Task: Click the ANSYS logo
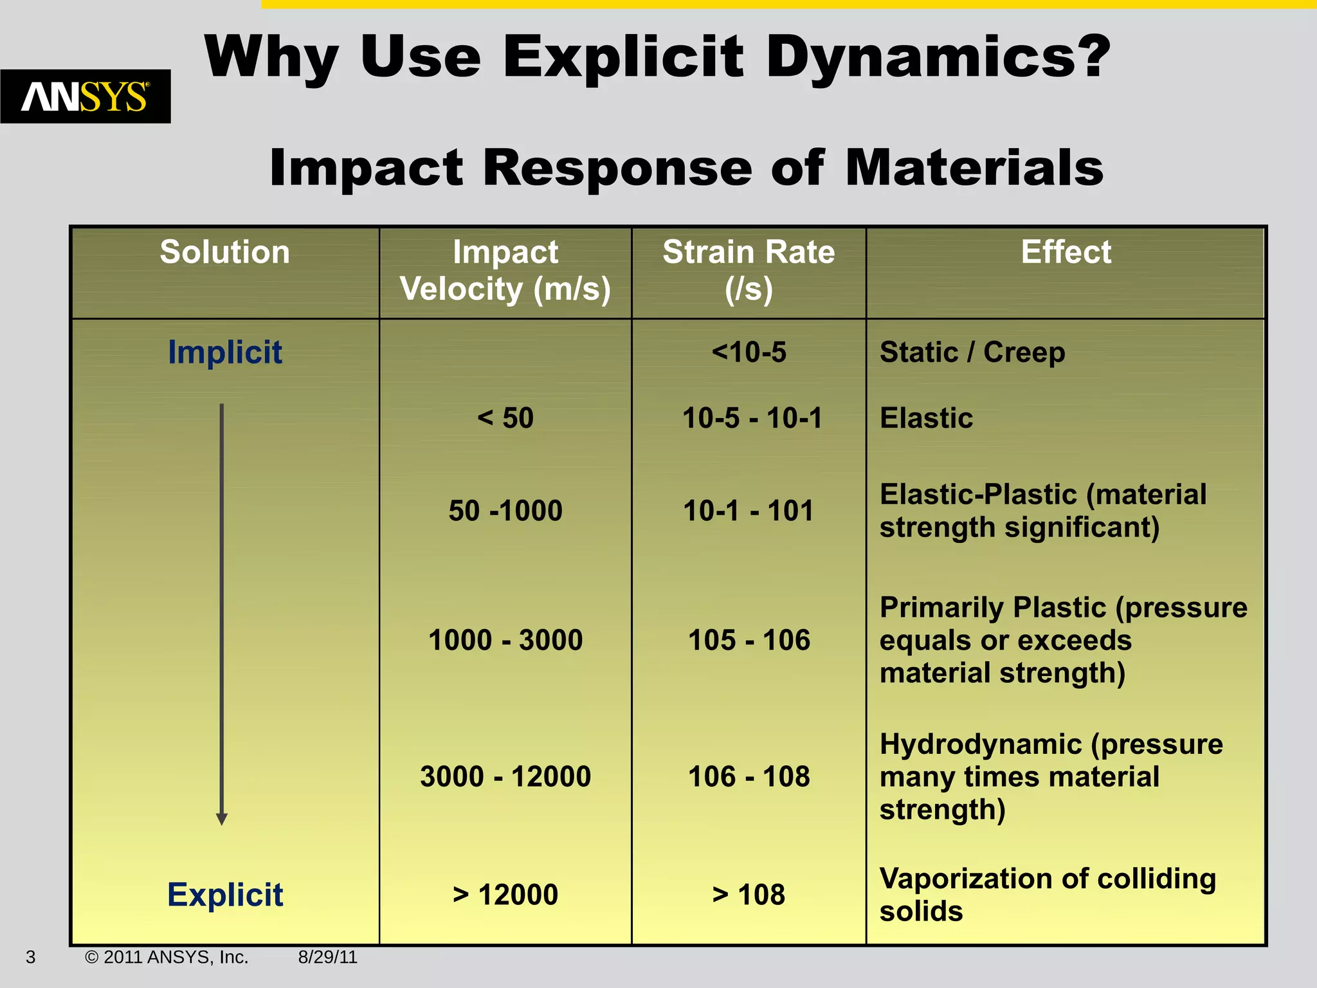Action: pyautogui.click(x=85, y=96)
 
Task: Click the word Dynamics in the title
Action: pyautogui.click(x=938, y=58)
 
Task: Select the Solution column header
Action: pyautogui.click(x=224, y=252)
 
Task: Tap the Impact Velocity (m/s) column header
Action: pyautogui.click(x=505, y=270)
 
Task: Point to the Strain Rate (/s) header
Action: pyautogui.click(x=749, y=270)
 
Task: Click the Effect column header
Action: pyautogui.click(x=1066, y=252)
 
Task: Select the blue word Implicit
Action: pyautogui.click(x=224, y=352)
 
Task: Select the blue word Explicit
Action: pyautogui.click(x=224, y=895)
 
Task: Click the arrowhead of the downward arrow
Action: pyautogui.click(x=222, y=819)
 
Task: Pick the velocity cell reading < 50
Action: pyautogui.click(x=505, y=418)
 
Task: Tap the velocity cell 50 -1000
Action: pyautogui.click(x=505, y=511)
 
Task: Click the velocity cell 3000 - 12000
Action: pyautogui.click(x=505, y=776)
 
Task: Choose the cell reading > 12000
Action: pyautogui.click(x=505, y=895)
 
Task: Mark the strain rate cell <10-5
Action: pyautogui.click(x=749, y=352)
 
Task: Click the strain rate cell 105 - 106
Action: pyautogui.click(x=749, y=640)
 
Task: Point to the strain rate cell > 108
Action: pyautogui.click(x=749, y=895)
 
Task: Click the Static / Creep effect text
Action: pyautogui.click(x=972, y=352)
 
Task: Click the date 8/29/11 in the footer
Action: pyautogui.click(x=327, y=957)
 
